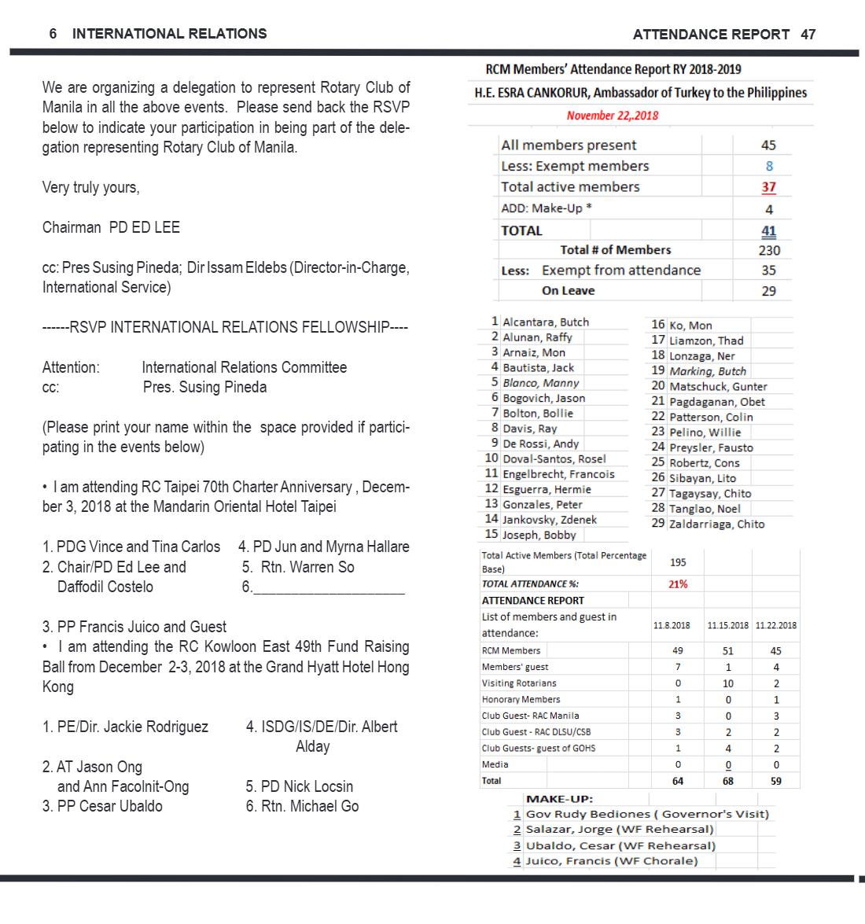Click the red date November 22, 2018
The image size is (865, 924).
click(x=613, y=116)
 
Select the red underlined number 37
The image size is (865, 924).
click(x=768, y=187)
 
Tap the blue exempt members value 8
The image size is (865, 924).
click(x=769, y=166)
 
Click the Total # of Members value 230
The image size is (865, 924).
click(x=769, y=250)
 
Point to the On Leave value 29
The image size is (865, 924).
click(x=768, y=291)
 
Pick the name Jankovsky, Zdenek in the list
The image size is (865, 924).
click(x=549, y=520)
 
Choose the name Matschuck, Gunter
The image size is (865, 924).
click(x=718, y=387)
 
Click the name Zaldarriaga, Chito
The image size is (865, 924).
click(x=716, y=524)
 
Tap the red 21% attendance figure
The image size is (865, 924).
click(x=678, y=584)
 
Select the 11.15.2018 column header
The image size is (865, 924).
click(x=727, y=625)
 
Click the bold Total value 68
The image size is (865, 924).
click(x=727, y=781)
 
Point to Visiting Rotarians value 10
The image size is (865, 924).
click(x=727, y=683)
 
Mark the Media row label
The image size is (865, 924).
click(x=495, y=764)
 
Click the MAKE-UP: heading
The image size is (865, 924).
click(x=559, y=799)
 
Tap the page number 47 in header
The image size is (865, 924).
click(x=808, y=34)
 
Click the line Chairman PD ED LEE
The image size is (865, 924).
click(x=111, y=227)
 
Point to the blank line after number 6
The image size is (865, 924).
click(x=329, y=593)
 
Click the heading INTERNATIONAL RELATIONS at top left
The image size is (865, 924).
click(x=170, y=34)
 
